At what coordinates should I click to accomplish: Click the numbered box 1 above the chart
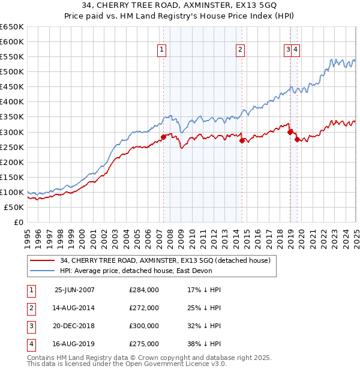point(163,50)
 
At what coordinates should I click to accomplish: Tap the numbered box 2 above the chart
point(240,50)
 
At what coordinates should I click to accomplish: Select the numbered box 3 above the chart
point(289,50)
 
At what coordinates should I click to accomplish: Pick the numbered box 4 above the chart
point(296,50)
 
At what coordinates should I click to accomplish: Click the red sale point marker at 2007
point(163,137)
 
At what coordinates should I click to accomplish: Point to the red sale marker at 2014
point(242,140)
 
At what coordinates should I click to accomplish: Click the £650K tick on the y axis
point(12,27)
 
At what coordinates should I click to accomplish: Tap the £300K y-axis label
point(12,132)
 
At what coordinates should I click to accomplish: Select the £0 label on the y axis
point(18,222)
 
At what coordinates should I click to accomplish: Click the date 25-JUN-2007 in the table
point(74,290)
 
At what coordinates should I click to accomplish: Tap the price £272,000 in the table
point(144,308)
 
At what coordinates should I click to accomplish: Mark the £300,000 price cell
point(144,326)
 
